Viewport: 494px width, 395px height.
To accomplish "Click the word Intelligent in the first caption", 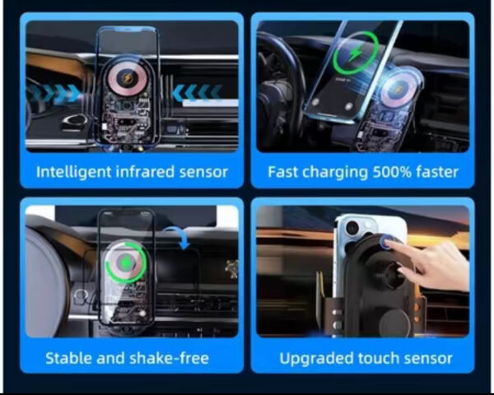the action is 74,172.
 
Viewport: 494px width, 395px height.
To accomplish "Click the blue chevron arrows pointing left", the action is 197,93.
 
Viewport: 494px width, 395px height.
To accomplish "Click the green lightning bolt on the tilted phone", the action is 356,53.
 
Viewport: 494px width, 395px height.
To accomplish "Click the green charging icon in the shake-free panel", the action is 126,263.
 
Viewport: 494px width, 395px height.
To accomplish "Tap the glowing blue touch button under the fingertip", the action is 388,242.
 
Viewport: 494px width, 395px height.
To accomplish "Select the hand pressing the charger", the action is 431,264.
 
